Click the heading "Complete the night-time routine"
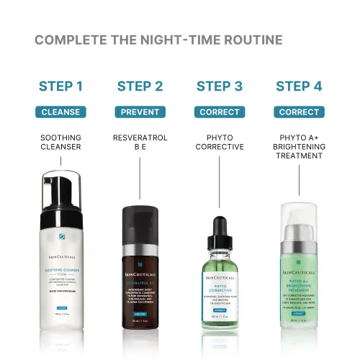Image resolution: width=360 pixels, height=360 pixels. click(158, 39)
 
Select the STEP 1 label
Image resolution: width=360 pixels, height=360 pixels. click(60, 87)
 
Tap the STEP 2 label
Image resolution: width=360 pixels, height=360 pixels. click(140, 87)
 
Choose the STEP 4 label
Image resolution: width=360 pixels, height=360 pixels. click(299, 87)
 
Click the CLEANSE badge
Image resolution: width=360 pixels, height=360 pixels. click(60, 112)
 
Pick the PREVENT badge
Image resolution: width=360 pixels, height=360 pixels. click(140, 112)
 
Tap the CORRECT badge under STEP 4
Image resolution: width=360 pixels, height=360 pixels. click(299, 112)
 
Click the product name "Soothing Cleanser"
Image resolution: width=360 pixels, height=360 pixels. click(60, 142)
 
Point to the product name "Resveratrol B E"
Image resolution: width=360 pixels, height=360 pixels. click(140, 142)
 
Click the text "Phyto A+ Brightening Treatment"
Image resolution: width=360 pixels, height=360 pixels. click(299, 147)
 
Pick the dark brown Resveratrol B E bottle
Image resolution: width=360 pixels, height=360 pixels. click(140, 266)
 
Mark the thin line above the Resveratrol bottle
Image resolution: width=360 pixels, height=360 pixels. click(140, 180)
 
